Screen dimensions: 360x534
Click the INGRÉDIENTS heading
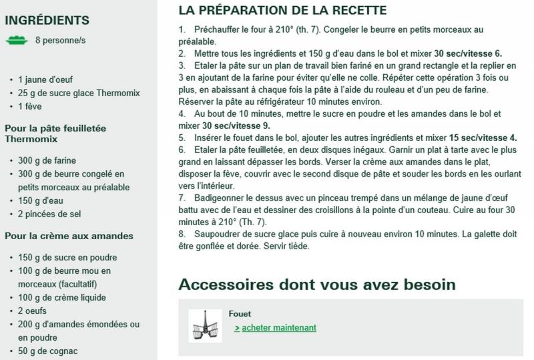[47, 21]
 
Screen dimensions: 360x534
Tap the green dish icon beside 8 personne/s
[16, 40]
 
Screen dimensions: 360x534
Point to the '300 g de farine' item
[47, 160]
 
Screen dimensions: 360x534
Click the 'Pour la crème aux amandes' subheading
[69, 236]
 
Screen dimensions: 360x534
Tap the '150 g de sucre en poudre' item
[67, 257]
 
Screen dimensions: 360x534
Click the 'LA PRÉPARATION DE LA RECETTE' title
[282, 11]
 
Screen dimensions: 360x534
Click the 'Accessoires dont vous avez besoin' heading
[317, 285]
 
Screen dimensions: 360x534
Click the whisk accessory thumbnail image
[205, 326]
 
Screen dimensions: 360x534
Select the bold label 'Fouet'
[240, 313]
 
